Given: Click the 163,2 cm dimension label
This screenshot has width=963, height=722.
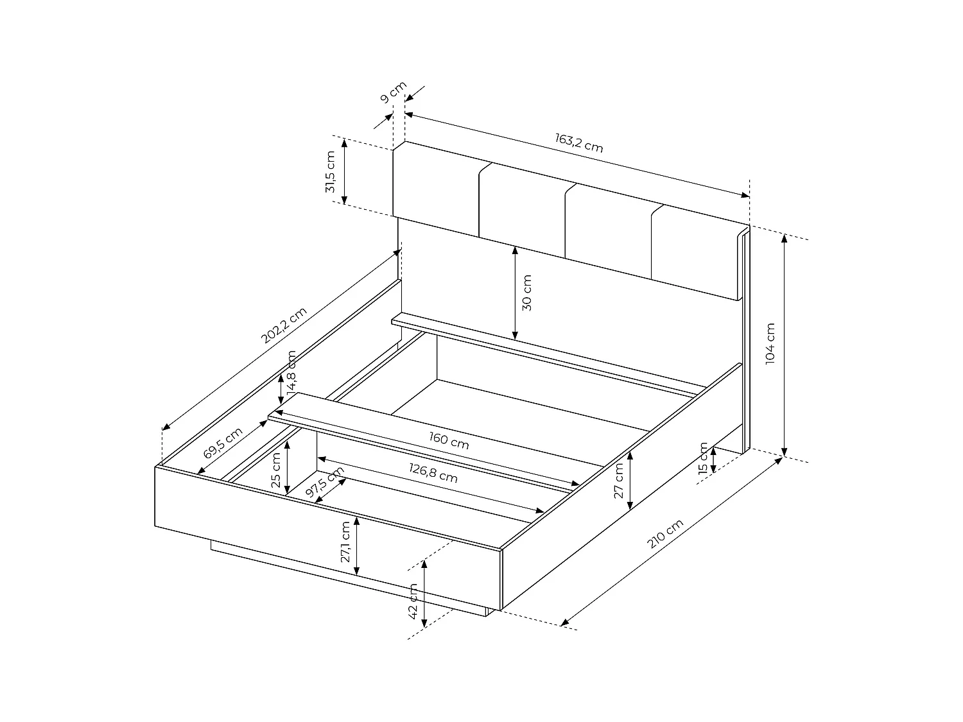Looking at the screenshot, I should point(579,142).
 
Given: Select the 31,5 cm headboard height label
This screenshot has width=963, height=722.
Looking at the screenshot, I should point(331,172).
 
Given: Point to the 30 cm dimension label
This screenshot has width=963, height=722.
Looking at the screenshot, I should point(527,293).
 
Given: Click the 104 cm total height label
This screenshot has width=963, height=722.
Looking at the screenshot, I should point(771,344).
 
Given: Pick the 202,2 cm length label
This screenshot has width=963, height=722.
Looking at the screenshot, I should point(284,325).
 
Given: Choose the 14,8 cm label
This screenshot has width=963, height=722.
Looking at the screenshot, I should point(291,371).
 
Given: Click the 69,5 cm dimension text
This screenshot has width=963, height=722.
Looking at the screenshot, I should point(223,443).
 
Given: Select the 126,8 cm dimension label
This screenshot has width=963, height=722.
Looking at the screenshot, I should point(433,473).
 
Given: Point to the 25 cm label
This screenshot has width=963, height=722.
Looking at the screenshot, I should point(276,470).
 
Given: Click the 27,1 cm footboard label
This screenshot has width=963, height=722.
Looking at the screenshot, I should point(345,542).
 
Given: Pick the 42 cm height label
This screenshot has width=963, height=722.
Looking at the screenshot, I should point(413,601).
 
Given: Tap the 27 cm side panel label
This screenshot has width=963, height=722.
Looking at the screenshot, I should point(619,481).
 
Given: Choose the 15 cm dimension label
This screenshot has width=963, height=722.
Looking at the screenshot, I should point(703,458).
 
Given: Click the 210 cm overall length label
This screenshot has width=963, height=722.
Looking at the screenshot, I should point(666,534).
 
